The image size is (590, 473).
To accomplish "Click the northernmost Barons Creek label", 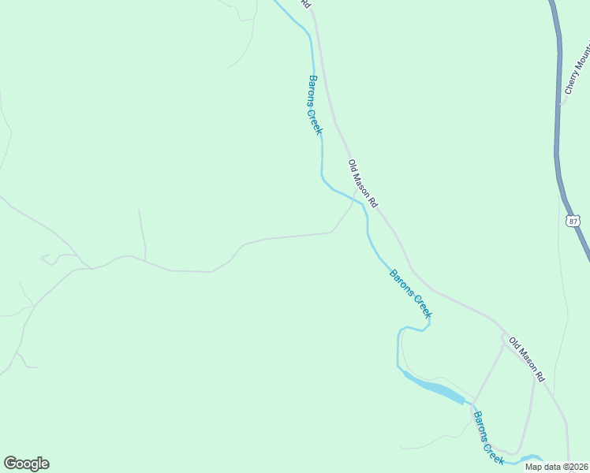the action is point(315,105).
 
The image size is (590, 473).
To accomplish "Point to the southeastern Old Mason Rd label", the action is point(527,360).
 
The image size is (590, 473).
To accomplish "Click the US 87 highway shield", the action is point(573,221).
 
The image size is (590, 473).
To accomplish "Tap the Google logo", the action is point(26,464).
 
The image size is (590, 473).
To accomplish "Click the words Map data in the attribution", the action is point(541,467).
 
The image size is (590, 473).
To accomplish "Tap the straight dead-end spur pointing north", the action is point(142,233).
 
